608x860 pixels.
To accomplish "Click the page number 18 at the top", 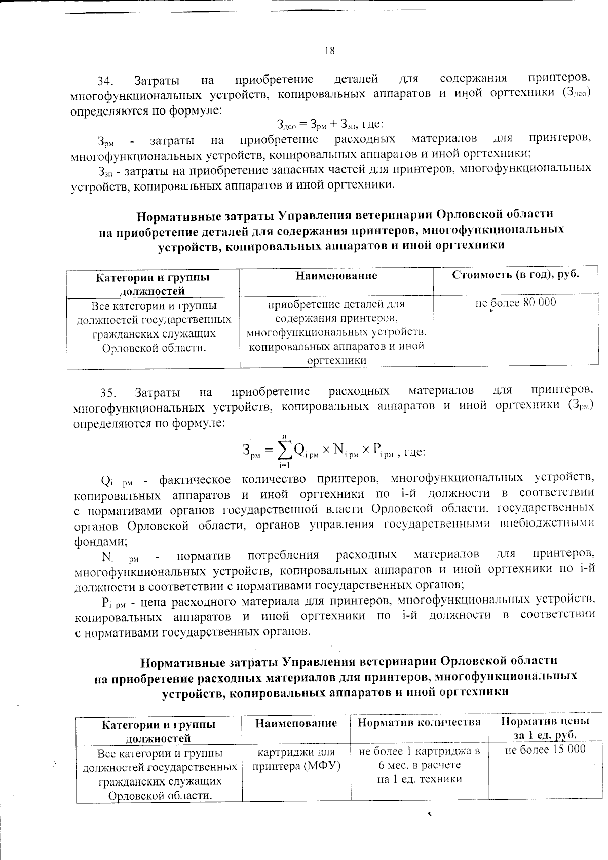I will [x=329, y=51].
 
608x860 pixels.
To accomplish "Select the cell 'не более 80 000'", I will [x=516, y=303].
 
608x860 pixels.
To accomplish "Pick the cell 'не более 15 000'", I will [x=545, y=750].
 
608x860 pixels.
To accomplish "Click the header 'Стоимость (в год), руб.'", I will [x=515, y=275].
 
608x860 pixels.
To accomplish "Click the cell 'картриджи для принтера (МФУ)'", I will [x=296, y=757].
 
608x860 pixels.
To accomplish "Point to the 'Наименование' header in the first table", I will [x=336, y=276].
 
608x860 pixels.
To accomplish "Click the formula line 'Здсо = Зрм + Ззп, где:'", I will [x=330, y=124].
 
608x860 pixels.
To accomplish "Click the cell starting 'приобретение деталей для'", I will [x=336, y=332].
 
